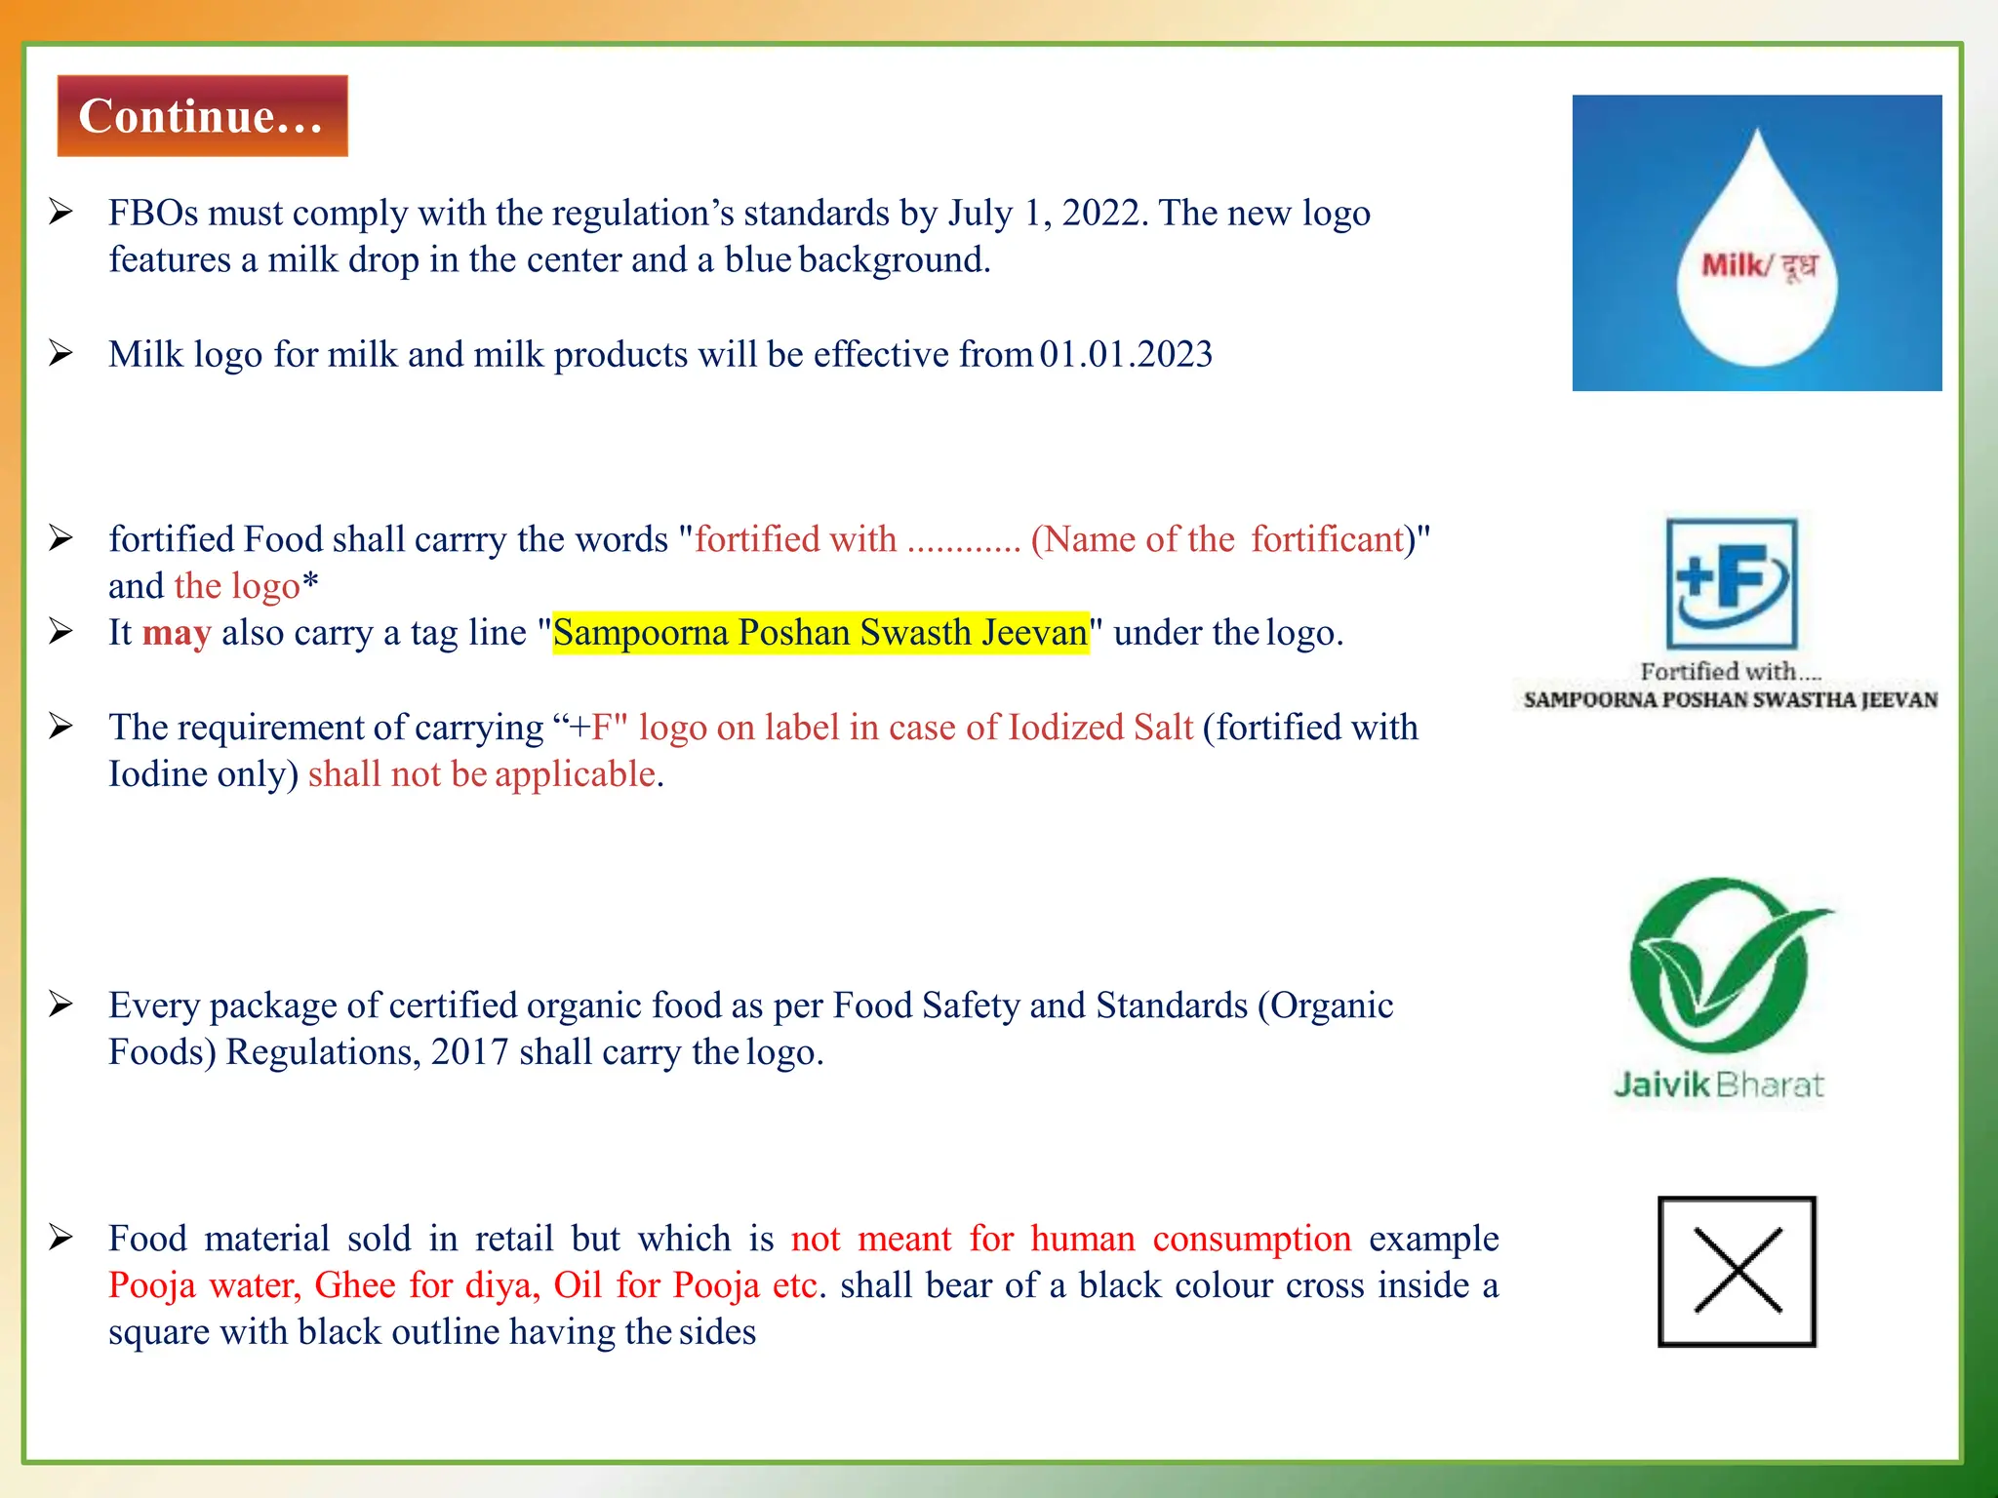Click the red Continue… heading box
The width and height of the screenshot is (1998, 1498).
pyautogui.click(x=202, y=116)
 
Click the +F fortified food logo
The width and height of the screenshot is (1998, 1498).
pyautogui.click(x=1731, y=583)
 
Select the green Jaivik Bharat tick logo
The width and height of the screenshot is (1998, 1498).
pyautogui.click(x=1722, y=970)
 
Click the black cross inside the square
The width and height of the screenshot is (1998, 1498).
pyautogui.click(x=1738, y=1271)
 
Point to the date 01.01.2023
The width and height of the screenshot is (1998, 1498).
pyautogui.click(x=1126, y=354)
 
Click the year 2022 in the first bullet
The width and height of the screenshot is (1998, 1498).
pyautogui.click(x=1102, y=213)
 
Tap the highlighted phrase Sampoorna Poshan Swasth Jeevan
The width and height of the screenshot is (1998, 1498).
pyautogui.click(x=820, y=633)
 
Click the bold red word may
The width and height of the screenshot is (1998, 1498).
pyautogui.click(x=177, y=633)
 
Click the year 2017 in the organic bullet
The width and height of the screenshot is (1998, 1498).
pyautogui.click(x=469, y=1052)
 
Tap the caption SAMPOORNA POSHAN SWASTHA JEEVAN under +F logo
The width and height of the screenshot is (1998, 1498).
pyautogui.click(x=1730, y=700)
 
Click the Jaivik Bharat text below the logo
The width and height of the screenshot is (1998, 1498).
pyautogui.click(x=1719, y=1084)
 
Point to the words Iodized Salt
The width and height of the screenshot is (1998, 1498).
pyautogui.click(x=1100, y=728)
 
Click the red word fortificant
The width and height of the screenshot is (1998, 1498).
pyautogui.click(x=1328, y=539)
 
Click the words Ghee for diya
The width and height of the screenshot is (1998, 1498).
pyautogui.click(x=427, y=1285)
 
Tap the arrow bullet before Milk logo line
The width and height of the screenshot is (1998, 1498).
pyautogui.click(x=61, y=353)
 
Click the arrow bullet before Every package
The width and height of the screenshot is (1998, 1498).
pyautogui.click(x=61, y=1004)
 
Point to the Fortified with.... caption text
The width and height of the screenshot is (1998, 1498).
pyautogui.click(x=1730, y=671)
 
